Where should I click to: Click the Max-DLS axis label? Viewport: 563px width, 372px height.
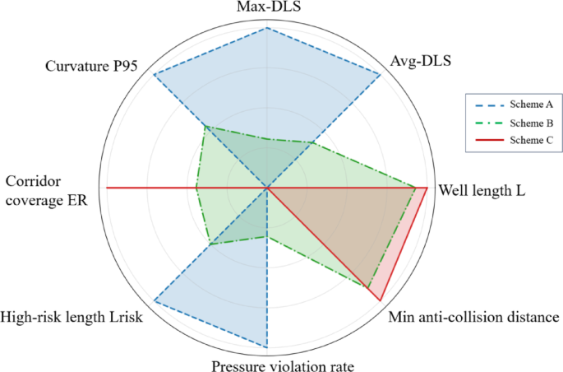268,8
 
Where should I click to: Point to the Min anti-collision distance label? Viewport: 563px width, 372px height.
473,317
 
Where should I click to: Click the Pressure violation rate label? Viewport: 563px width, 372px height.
283,365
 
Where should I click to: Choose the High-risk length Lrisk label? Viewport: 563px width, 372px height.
72,317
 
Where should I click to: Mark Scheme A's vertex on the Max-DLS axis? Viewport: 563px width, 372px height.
268,29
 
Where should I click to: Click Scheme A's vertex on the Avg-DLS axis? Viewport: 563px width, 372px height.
381,75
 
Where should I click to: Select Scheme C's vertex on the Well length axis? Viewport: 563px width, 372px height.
427,188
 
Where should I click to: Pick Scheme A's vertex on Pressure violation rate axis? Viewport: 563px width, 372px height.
268,347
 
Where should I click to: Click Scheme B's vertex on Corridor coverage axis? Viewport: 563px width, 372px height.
196,188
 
